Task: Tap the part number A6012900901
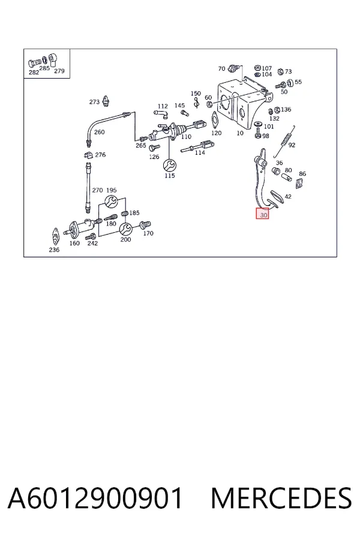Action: [95, 498]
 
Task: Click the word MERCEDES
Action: [281, 498]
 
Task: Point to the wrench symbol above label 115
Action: [169, 166]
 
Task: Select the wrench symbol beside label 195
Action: [111, 202]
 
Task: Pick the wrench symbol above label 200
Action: [125, 229]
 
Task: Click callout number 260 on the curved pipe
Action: [99, 132]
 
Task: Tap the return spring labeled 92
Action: [284, 141]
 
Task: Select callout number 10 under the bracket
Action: [240, 133]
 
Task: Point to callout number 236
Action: [54, 250]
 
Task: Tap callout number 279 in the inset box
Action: [59, 71]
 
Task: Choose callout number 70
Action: [221, 68]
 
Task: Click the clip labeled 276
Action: [89, 155]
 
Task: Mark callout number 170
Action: [148, 233]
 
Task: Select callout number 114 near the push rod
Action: [200, 152]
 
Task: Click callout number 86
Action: [302, 174]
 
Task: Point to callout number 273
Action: [94, 102]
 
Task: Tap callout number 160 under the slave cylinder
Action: [74, 243]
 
